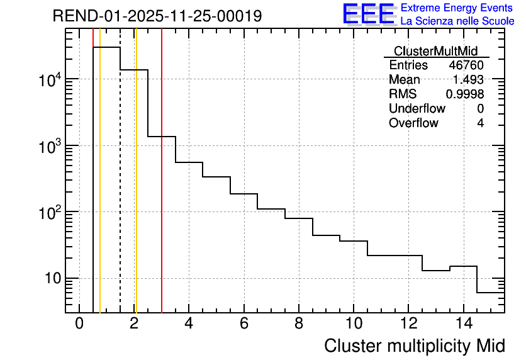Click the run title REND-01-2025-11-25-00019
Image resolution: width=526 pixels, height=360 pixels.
(157, 16)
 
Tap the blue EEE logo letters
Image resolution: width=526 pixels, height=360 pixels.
(369, 14)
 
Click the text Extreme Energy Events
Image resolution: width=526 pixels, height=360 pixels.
(457, 8)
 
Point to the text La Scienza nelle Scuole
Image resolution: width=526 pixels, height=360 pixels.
(457, 21)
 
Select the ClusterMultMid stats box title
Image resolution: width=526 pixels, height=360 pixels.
(435, 51)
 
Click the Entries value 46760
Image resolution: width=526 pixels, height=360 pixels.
(466, 65)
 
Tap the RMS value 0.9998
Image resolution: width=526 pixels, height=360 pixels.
(465, 94)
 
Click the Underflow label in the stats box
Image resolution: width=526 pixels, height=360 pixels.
(417, 109)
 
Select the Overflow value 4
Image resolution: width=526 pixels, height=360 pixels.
(480, 123)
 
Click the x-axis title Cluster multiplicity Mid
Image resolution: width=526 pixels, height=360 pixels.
(414, 346)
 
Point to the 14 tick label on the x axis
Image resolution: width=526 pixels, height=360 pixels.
(463, 323)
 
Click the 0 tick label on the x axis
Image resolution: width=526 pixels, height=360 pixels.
(79, 323)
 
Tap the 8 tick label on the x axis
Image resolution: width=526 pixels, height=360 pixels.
(299, 323)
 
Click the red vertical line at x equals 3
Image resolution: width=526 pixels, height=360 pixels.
(162, 189)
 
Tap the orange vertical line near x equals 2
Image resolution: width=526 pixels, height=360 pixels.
(136, 189)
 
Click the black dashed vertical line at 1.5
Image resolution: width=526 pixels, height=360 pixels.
(120, 189)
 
